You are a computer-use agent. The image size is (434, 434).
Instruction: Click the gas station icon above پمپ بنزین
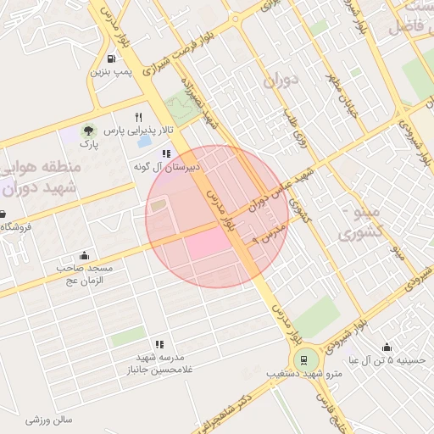(x=113, y=58)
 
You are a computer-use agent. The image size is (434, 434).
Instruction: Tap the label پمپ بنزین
(x=112, y=72)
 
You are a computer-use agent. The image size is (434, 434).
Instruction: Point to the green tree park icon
(x=87, y=131)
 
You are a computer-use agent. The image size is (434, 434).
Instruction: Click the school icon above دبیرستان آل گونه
(x=166, y=153)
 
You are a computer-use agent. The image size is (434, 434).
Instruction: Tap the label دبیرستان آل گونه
(x=166, y=167)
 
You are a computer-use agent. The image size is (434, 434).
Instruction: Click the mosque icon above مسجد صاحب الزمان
(x=84, y=255)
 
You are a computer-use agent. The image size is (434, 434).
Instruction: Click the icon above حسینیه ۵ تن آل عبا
(x=387, y=347)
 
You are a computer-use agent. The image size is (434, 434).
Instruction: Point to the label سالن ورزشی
(x=48, y=420)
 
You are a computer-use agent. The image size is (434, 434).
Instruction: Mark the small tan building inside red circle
(x=159, y=205)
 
